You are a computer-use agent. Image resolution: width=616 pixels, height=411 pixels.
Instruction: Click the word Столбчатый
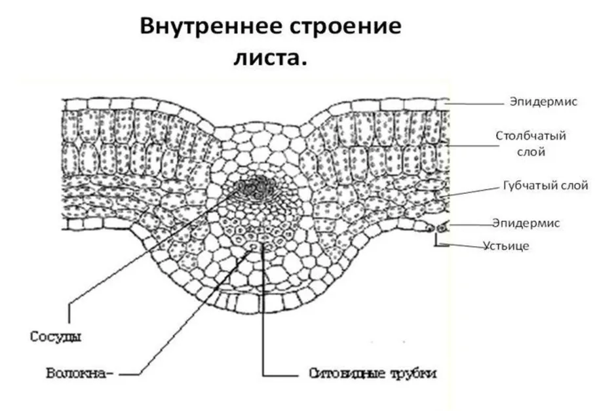pyautogui.click(x=531, y=136)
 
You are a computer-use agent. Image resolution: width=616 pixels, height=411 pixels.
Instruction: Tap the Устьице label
pyautogui.click(x=507, y=246)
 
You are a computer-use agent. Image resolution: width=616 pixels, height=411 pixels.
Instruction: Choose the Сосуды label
pyautogui.click(x=56, y=337)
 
